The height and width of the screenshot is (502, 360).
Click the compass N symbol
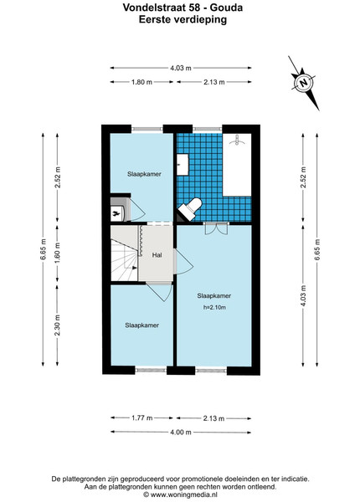pos(303,83)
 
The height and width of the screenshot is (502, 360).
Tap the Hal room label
pos(157,255)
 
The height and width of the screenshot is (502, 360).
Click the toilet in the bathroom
pos(190,208)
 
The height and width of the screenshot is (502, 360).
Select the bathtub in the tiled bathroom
pos(237,165)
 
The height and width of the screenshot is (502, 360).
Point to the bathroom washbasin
pos(183,165)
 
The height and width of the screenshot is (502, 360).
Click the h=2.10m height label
pos(214,307)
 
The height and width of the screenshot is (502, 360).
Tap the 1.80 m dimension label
pos(141,82)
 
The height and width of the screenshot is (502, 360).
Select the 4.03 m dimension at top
pos(181,68)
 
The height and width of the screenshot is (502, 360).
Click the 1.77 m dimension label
pos(141,417)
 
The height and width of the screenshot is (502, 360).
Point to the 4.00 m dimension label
pos(181,433)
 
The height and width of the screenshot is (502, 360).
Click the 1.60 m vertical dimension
pos(57,253)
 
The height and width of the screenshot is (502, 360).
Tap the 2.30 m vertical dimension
pos(57,325)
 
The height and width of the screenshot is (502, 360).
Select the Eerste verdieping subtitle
pos(183,19)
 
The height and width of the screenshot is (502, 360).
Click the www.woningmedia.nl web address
pos(183,495)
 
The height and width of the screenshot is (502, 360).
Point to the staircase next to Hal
pos(125,253)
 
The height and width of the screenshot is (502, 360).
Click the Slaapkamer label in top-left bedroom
pos(144,174)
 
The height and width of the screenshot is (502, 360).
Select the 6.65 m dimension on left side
pos(44,249)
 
